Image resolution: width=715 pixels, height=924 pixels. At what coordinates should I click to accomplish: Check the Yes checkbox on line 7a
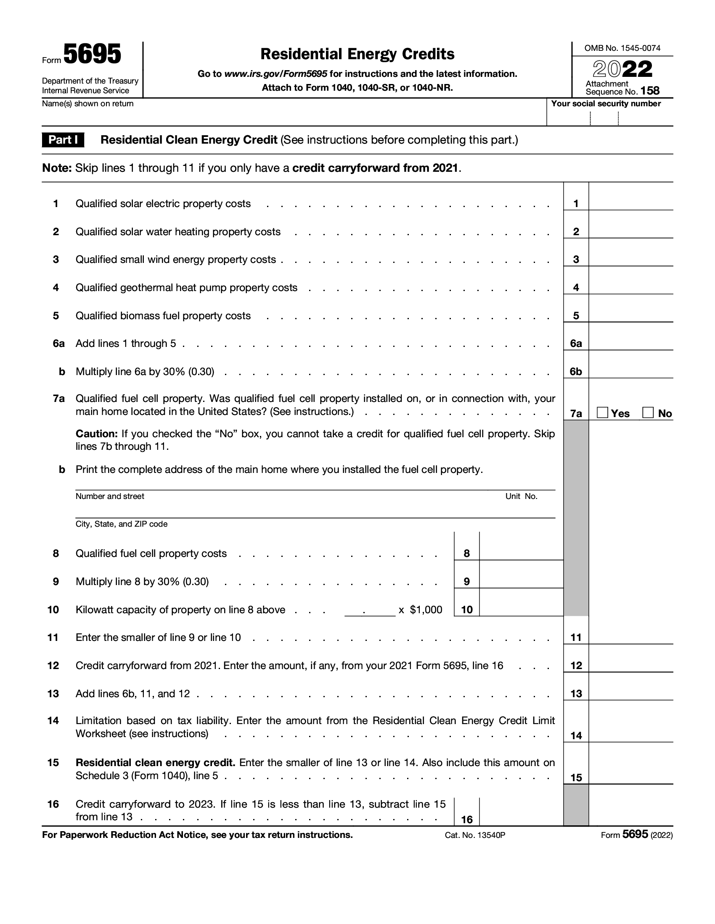(x=602, y=412)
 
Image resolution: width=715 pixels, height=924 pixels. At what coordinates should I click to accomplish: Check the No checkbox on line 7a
(x=648, y=412)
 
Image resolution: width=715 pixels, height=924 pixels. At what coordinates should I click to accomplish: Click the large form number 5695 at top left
(x=93, y=55)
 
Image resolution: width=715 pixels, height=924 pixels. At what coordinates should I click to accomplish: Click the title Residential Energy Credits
(x=357, y=54)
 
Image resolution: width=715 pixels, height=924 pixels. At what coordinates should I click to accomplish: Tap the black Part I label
(x=63, y=139)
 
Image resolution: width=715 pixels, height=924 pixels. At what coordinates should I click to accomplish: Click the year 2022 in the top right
(x=622, y=69)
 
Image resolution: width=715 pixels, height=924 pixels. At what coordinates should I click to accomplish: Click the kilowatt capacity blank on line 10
(x=370, y=610)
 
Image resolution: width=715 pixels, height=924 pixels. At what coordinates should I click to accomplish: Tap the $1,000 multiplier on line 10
(x=426, y=610)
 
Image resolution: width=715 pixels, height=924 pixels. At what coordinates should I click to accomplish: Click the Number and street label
(x=110, y=496)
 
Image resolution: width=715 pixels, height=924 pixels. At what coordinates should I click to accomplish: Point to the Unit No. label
(x=521, y=496)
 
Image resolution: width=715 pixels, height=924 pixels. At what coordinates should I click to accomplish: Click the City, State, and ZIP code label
(x=122, y=524)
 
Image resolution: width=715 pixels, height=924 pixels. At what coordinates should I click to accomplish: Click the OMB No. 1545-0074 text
(x=622, y=48)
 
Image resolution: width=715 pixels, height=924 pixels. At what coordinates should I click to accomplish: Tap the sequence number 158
(x=650, y=91)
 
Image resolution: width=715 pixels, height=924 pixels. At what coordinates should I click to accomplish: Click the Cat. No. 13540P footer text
(x=475, y=835)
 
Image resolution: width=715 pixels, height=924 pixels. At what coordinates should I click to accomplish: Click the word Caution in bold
(x=96, y=434)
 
